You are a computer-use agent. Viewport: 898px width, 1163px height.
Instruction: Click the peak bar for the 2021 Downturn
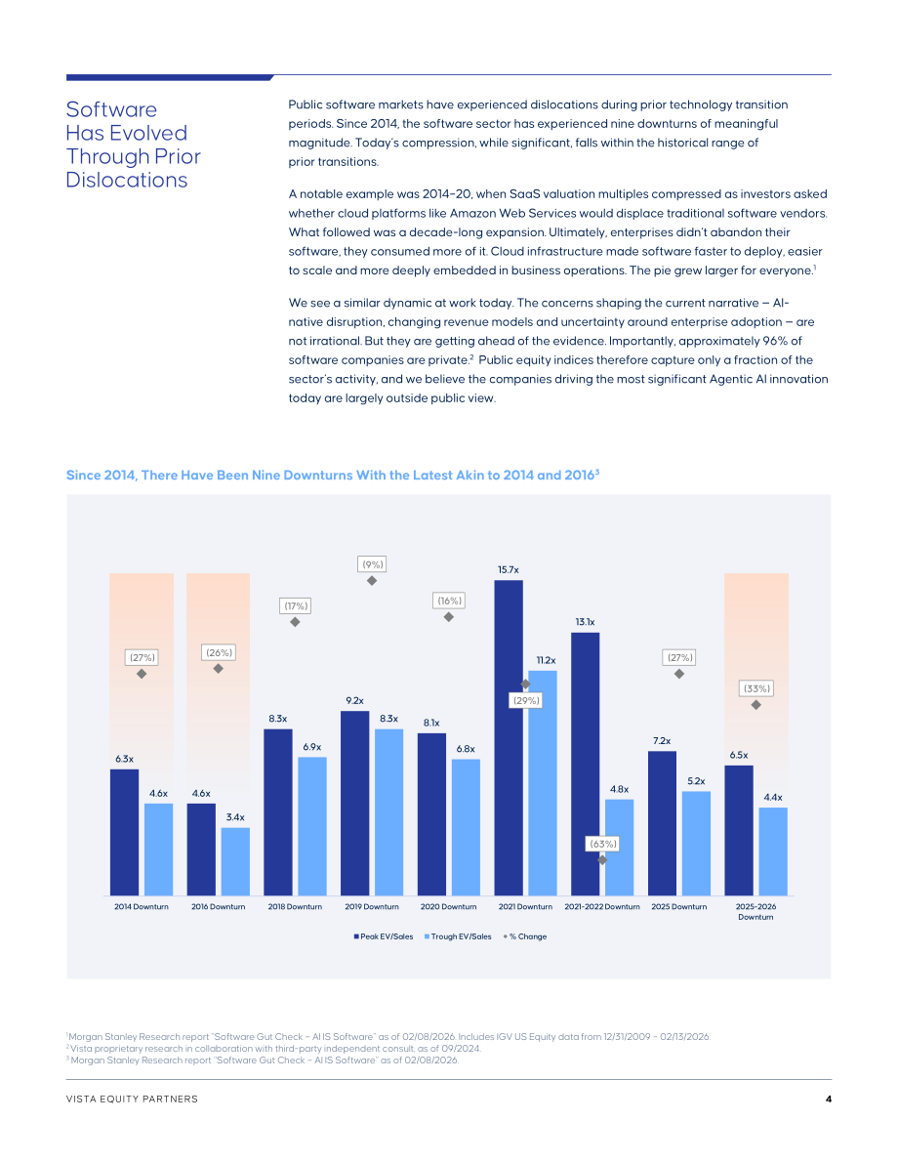508,737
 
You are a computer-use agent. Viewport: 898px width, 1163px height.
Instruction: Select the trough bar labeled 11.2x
543,782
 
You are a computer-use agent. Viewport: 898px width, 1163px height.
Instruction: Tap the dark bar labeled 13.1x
585,764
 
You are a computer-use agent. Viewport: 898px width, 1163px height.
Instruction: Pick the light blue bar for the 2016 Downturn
235,861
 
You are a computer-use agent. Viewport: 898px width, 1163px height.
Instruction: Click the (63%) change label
603,844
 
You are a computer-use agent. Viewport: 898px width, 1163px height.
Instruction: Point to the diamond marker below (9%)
372,581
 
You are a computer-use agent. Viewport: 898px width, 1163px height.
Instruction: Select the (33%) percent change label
756,688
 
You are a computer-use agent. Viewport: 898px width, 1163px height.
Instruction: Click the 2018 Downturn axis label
295,906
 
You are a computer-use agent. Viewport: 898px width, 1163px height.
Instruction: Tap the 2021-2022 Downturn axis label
602,906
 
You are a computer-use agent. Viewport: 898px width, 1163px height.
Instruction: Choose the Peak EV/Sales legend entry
384,936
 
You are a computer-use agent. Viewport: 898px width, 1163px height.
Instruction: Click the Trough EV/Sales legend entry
458,936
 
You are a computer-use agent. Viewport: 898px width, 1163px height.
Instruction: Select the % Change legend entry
525,936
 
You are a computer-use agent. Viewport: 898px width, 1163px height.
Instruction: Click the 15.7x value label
508,569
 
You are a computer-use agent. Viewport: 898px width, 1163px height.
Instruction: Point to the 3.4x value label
235,817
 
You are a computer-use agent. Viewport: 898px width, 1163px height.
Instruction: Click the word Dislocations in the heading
127,181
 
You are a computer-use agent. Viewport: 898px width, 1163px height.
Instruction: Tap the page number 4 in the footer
829,1100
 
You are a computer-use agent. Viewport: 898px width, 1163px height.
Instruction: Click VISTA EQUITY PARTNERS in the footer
132,1100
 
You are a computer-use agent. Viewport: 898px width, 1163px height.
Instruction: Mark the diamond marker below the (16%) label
449,617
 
